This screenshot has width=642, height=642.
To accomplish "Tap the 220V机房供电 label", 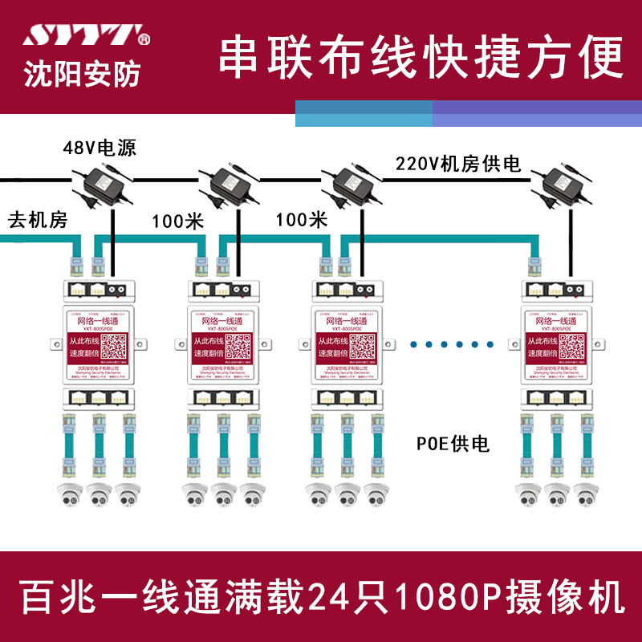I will [458, 165].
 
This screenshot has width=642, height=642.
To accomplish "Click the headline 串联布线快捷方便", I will [421, 56].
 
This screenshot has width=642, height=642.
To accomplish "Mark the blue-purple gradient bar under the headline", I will [469, 114].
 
